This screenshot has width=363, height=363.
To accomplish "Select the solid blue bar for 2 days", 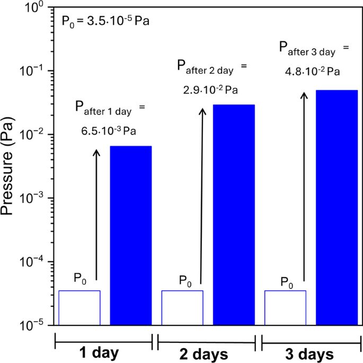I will pos(234,215).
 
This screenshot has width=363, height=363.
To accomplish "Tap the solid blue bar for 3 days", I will pos(337,207).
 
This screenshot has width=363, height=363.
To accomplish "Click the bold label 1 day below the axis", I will pos(99,353).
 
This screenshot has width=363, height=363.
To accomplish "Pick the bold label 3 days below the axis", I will pos(310,353).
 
